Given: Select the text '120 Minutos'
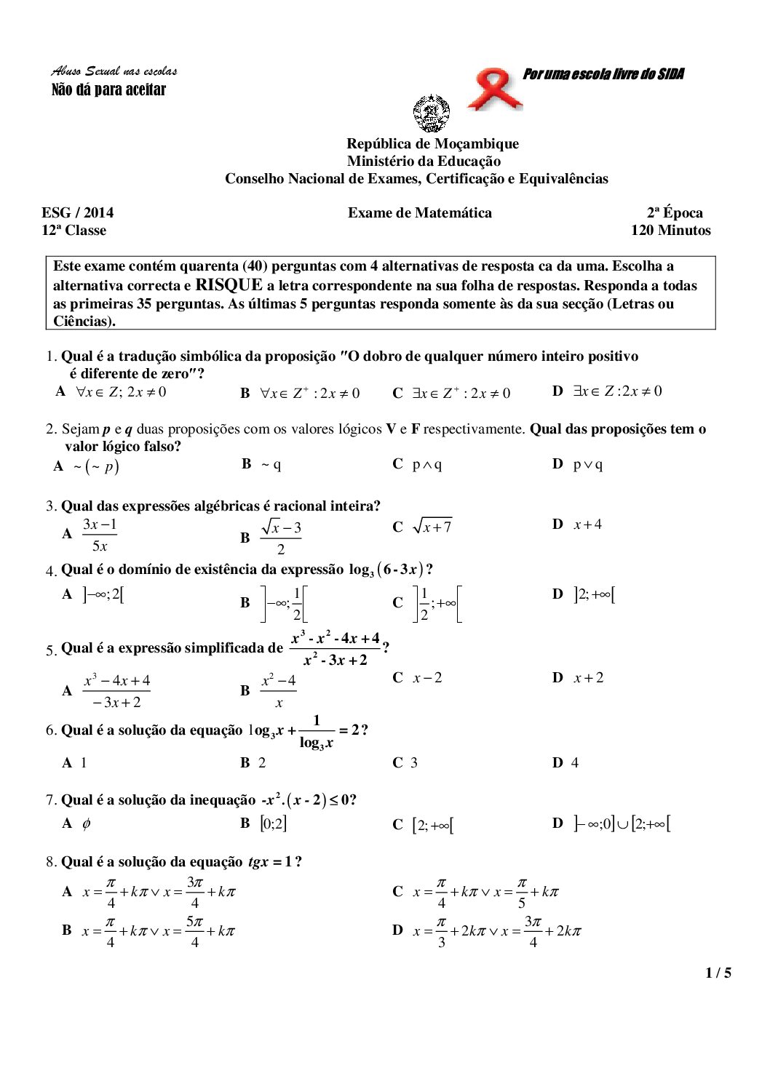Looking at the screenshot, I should coord(670,231).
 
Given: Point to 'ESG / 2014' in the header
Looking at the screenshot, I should coord(78,213).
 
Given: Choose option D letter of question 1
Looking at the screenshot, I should coord(557,391).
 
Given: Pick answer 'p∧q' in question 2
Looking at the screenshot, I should coord(427,464).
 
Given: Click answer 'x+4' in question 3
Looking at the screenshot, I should coord(587,524).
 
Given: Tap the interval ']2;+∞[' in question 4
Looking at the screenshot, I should coord(594,595).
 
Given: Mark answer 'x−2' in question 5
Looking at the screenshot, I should coord(427,678).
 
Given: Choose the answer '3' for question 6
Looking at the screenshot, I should coord(414,763).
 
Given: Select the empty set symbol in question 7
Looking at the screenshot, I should coord(87,823).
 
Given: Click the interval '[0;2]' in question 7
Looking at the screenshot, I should coord(274,823).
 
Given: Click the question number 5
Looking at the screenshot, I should coord(51,650).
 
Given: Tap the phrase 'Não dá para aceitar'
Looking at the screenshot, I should coord(109,90).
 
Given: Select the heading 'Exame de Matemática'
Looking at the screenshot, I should coord(419,213).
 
